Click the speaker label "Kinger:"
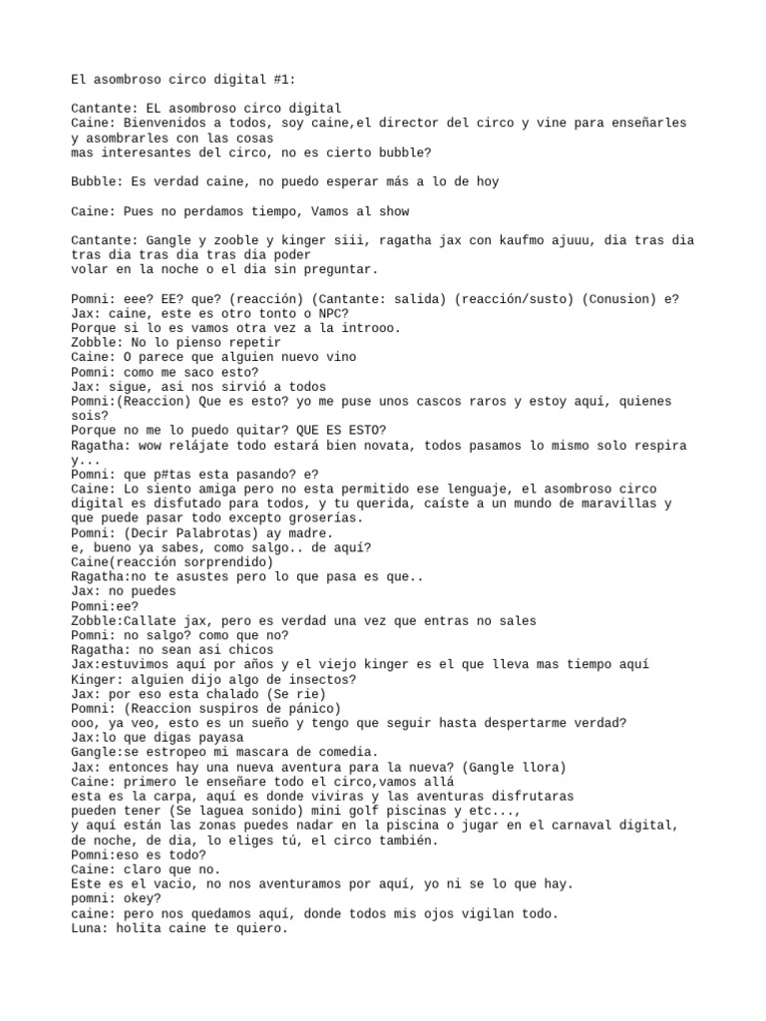(97, 678)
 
